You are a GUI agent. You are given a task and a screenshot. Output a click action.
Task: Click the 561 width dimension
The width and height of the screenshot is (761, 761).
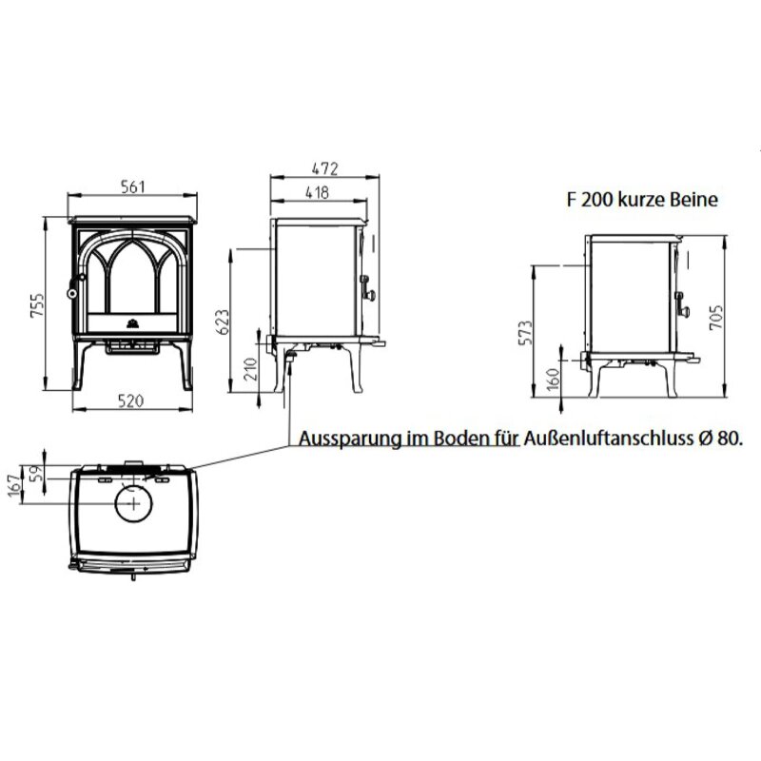click(x=132, y=186)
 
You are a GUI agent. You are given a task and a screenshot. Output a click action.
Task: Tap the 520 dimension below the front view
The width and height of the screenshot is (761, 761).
click(x=132, y=400)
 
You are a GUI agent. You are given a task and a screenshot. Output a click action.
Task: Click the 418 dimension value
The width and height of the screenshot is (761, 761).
click(x=318, y=193)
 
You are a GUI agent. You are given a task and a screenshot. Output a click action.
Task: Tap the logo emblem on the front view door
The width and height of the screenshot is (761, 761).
click(x=132, y=320)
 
